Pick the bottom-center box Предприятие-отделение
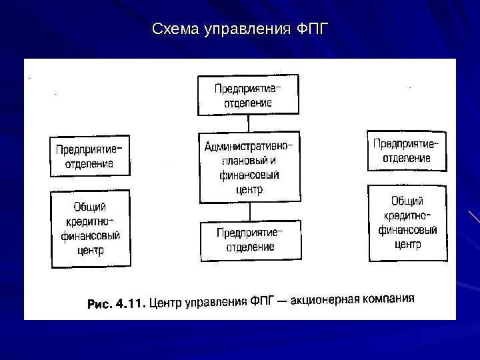coord(249,240)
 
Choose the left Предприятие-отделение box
coord(89,156)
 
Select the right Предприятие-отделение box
coord(405,151)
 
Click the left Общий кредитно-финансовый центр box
coord(91,229)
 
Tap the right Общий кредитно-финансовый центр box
coord(407,223)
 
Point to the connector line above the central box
coord(249,123)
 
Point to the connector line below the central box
coord(249,211)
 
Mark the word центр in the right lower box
coord(407,244)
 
